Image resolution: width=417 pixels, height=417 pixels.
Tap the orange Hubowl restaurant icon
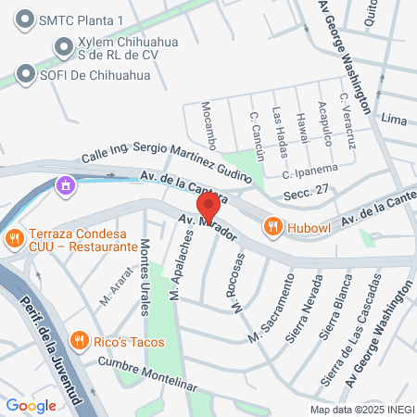point(272,225)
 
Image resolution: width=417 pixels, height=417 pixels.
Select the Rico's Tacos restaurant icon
point(81,340)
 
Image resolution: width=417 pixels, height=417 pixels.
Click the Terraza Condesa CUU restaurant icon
point(14,239)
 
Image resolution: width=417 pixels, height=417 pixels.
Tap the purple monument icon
point(64,187)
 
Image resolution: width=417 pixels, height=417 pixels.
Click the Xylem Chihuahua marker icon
point(63,45)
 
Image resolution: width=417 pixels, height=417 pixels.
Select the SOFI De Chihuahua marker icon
point(24,73)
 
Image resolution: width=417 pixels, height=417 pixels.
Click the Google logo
point(31,405)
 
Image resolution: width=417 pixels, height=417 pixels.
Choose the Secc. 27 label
point(309,189)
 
